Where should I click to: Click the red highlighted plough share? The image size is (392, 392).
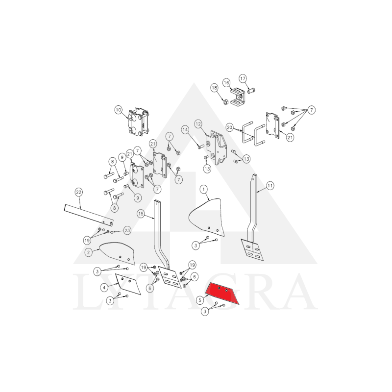222,293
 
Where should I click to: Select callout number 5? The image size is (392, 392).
199,300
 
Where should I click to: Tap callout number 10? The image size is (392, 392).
118,110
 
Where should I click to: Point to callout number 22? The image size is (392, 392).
78,192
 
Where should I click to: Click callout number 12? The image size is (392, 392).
198,124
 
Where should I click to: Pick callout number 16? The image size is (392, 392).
226,82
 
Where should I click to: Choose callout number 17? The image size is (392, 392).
243,78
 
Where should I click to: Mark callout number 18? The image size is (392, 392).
214,88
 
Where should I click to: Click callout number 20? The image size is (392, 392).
229,127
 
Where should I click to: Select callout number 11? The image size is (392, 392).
270,186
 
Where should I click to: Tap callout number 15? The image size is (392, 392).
141,214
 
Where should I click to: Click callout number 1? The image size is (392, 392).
203,189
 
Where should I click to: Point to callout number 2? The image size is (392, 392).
88,252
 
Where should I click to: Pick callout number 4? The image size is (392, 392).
104,288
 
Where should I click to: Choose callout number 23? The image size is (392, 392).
127,230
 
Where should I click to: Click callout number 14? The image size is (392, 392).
185,130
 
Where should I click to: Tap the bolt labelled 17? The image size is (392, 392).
251,91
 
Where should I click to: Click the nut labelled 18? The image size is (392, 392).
225,102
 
